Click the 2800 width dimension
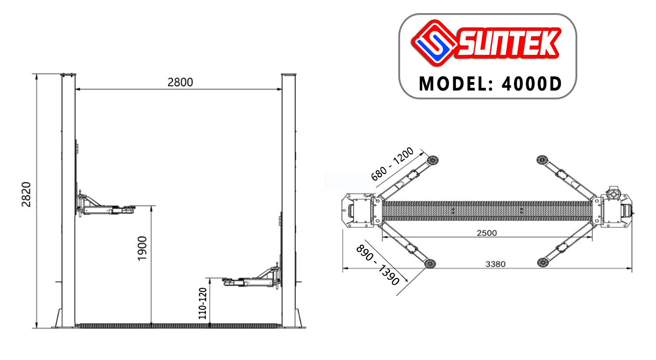[x=180, y=82]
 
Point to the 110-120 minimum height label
[x=202, y=303]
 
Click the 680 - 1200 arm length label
[x=392, y=164]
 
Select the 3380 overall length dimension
[x=495, y=264]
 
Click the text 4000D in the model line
[x=531, y=84]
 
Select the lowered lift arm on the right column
[x=252, y=280]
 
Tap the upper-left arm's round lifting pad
[x=432, y=160]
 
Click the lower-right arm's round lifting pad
[x=542, y=262]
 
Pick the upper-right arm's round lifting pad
[x=542, y=160]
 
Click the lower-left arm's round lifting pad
[x=430, y=263]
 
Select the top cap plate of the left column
[x=68, y=74]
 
